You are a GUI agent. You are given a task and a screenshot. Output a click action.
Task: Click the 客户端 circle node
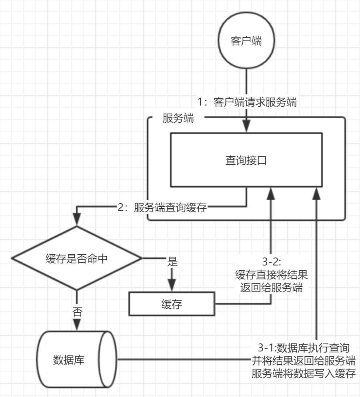[247, 41]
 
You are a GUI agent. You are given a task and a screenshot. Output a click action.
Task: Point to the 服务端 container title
[179, 119]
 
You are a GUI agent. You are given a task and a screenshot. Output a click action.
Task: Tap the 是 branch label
[172, 263]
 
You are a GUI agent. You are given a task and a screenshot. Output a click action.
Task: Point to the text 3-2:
[272, 263]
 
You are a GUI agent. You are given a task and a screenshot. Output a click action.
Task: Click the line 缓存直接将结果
[272, 275]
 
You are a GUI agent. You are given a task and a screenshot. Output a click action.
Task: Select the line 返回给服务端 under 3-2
[272, 288]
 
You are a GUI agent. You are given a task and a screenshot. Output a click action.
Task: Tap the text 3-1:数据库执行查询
[304, 346]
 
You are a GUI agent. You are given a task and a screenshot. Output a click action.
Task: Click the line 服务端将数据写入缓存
[304, 373]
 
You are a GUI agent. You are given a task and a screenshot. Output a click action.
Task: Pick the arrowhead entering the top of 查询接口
[247, 128]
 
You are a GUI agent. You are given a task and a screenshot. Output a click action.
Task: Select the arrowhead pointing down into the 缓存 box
[172, 286]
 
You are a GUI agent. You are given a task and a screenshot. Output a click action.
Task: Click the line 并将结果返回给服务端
[304, 360]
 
